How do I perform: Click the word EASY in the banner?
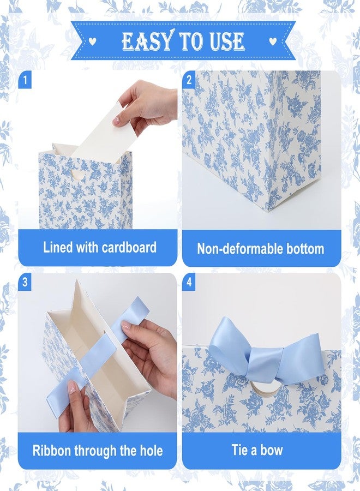pos(147,41)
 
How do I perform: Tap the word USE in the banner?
pos(227,41)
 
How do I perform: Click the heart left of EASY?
pos(92,41)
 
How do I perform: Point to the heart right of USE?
pos(273,41)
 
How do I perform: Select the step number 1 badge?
pos(25,80)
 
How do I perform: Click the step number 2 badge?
pos(189,80)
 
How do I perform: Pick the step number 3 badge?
pos(25,282)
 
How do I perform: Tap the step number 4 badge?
pos(189,282)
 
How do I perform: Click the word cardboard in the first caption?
pos(129,247)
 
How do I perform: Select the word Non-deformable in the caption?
pos(236,249)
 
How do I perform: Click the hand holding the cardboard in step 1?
pos(147,103)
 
